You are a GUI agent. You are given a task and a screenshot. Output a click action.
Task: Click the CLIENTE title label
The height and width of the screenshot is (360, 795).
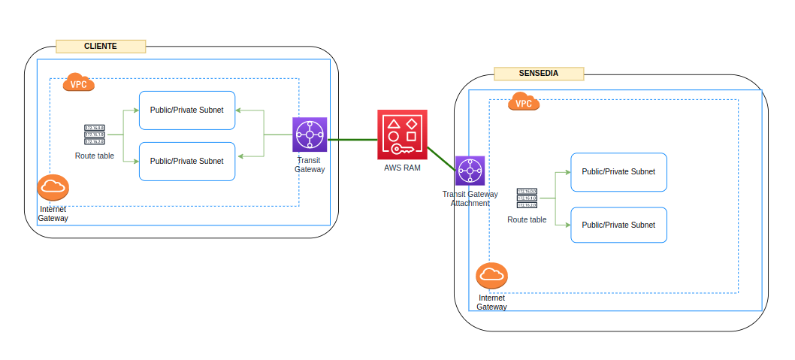tap(101, 47)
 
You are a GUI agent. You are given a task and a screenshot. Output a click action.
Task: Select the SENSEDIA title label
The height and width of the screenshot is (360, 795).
tap(539, 74)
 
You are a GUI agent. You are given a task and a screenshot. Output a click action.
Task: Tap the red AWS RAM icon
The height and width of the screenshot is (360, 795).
tap(402, 134)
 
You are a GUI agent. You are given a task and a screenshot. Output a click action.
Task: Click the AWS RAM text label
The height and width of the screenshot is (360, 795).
tap(402, 168)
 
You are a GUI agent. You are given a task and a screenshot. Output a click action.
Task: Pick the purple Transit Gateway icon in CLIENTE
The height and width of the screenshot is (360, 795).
tap(310, 135)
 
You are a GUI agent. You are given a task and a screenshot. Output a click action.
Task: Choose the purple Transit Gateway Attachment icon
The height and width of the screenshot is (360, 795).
tap(470, 171)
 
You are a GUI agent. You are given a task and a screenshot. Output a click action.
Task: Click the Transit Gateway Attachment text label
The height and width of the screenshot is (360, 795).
tap(470, 198)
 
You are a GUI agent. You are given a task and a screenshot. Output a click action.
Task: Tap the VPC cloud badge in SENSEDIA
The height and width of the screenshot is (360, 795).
tap(524, 102)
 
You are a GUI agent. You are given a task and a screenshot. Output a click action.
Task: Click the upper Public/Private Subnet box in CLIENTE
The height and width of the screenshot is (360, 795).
tap(187, 110)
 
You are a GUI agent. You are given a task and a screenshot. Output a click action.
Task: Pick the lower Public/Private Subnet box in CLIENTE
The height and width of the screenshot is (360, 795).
tap(187, 161)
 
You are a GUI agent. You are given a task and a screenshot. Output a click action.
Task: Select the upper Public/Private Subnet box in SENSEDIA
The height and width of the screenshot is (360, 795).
tap(618, 171)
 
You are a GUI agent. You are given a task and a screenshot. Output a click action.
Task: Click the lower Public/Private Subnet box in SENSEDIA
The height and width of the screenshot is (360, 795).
tap(618, 225)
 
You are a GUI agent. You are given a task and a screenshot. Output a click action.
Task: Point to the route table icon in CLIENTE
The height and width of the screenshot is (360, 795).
tap(95, 135)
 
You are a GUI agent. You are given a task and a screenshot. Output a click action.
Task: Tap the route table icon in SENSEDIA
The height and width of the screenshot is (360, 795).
tap(527, 198)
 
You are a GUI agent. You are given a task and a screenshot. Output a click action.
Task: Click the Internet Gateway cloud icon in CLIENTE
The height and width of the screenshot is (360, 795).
tap(53, 187)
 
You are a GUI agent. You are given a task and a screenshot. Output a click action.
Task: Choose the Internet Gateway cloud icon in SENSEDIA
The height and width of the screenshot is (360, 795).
tap(492, 276)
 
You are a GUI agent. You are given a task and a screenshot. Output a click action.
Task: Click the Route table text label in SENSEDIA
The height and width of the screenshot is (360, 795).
tap(527, 219)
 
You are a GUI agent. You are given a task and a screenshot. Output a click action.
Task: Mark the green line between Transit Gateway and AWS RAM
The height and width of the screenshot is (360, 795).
tap(352, 140)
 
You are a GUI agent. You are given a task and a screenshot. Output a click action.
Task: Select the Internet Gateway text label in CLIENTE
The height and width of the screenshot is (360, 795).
tap(53, 213)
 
